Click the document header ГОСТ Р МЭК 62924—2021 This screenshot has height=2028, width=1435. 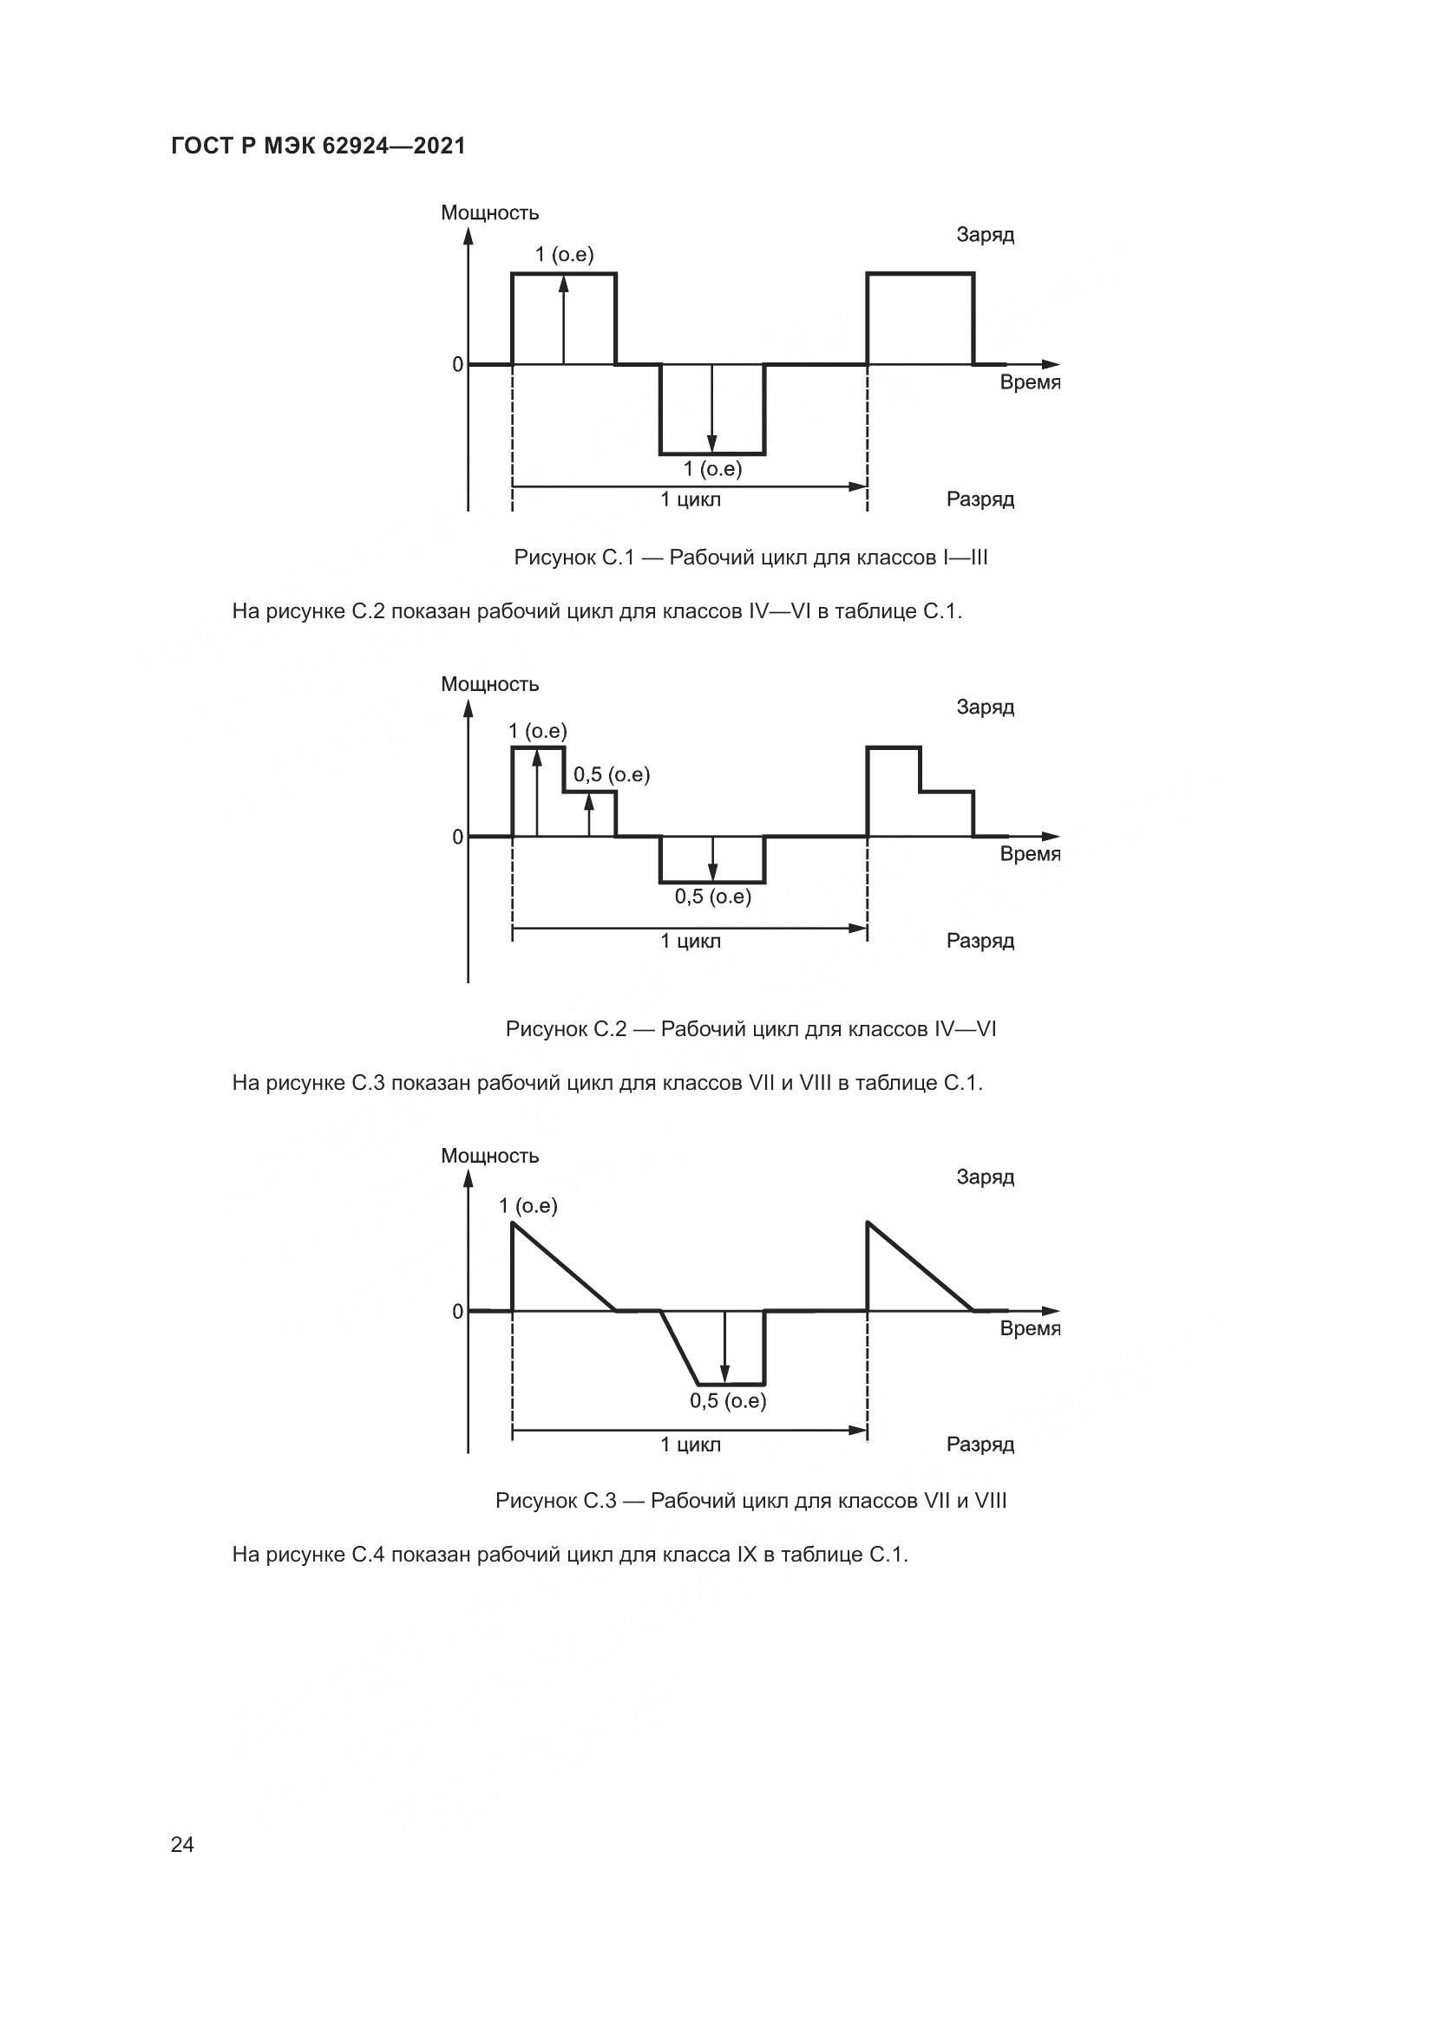[318, 146]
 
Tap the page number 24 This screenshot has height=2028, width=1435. [182, 1844]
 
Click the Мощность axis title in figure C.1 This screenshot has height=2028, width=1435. [489, 213]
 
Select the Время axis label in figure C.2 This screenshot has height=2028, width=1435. [1030, 854]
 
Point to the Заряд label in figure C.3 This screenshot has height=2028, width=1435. [986, 1177]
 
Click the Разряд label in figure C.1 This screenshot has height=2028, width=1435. [980, 499]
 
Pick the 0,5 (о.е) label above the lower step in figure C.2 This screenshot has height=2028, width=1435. [612, 774]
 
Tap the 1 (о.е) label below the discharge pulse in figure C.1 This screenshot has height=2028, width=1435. [712, 469]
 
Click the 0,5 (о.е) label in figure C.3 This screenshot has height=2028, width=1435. [727, 1401]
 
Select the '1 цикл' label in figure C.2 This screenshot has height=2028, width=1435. [690, 941]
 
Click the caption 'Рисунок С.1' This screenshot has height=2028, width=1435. [751, 558]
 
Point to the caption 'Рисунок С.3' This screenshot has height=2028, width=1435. [751, 1501]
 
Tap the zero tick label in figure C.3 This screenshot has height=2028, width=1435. [457, 1312]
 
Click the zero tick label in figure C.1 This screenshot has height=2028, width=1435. [457, 364]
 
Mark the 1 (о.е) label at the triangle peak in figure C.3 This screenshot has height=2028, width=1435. [527, 1206]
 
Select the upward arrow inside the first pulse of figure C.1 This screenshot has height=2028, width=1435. [564, 320]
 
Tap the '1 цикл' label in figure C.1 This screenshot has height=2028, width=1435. [690, 500]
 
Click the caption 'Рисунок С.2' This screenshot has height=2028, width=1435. [751, 1029]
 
